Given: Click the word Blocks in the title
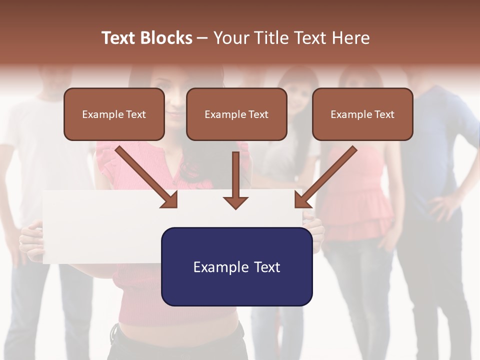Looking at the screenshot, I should [166, 38].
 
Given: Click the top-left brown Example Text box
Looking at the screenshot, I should [114, 114].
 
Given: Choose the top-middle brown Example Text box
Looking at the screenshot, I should [236, 114].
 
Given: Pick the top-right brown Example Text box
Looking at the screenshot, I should [362, 114].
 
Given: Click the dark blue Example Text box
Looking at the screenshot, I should [236, 266].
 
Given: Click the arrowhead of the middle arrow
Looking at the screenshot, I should [235, 202].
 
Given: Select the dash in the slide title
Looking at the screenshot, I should [202, 38].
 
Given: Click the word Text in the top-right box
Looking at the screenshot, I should [384, 114].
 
